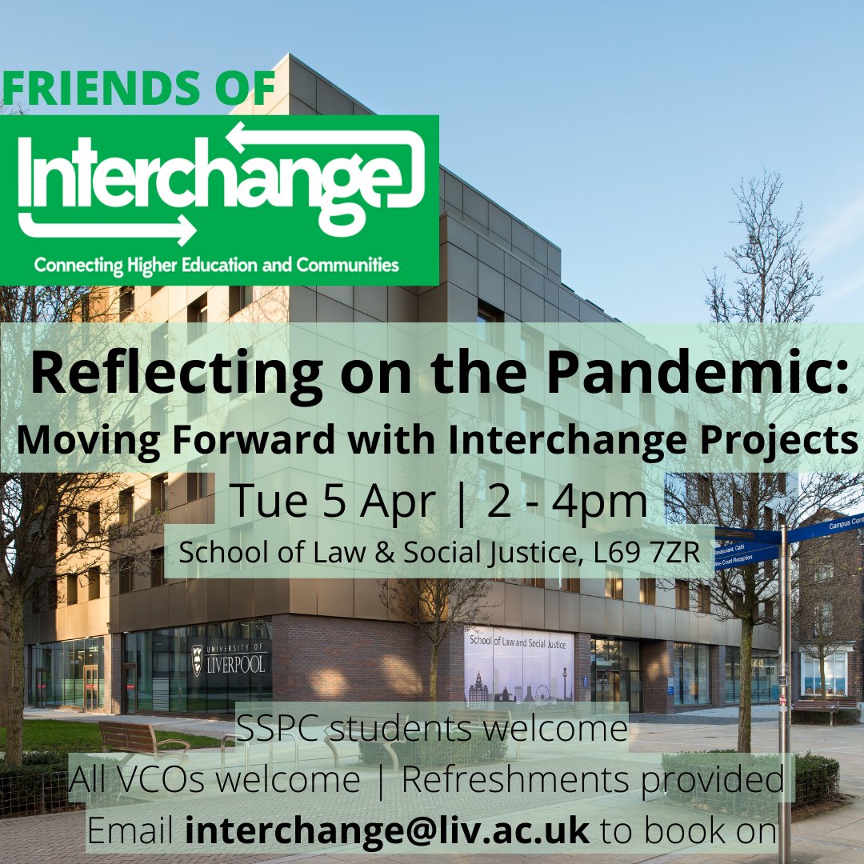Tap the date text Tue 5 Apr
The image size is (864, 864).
point(333,502)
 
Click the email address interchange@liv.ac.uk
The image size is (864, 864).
point(387,831)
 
